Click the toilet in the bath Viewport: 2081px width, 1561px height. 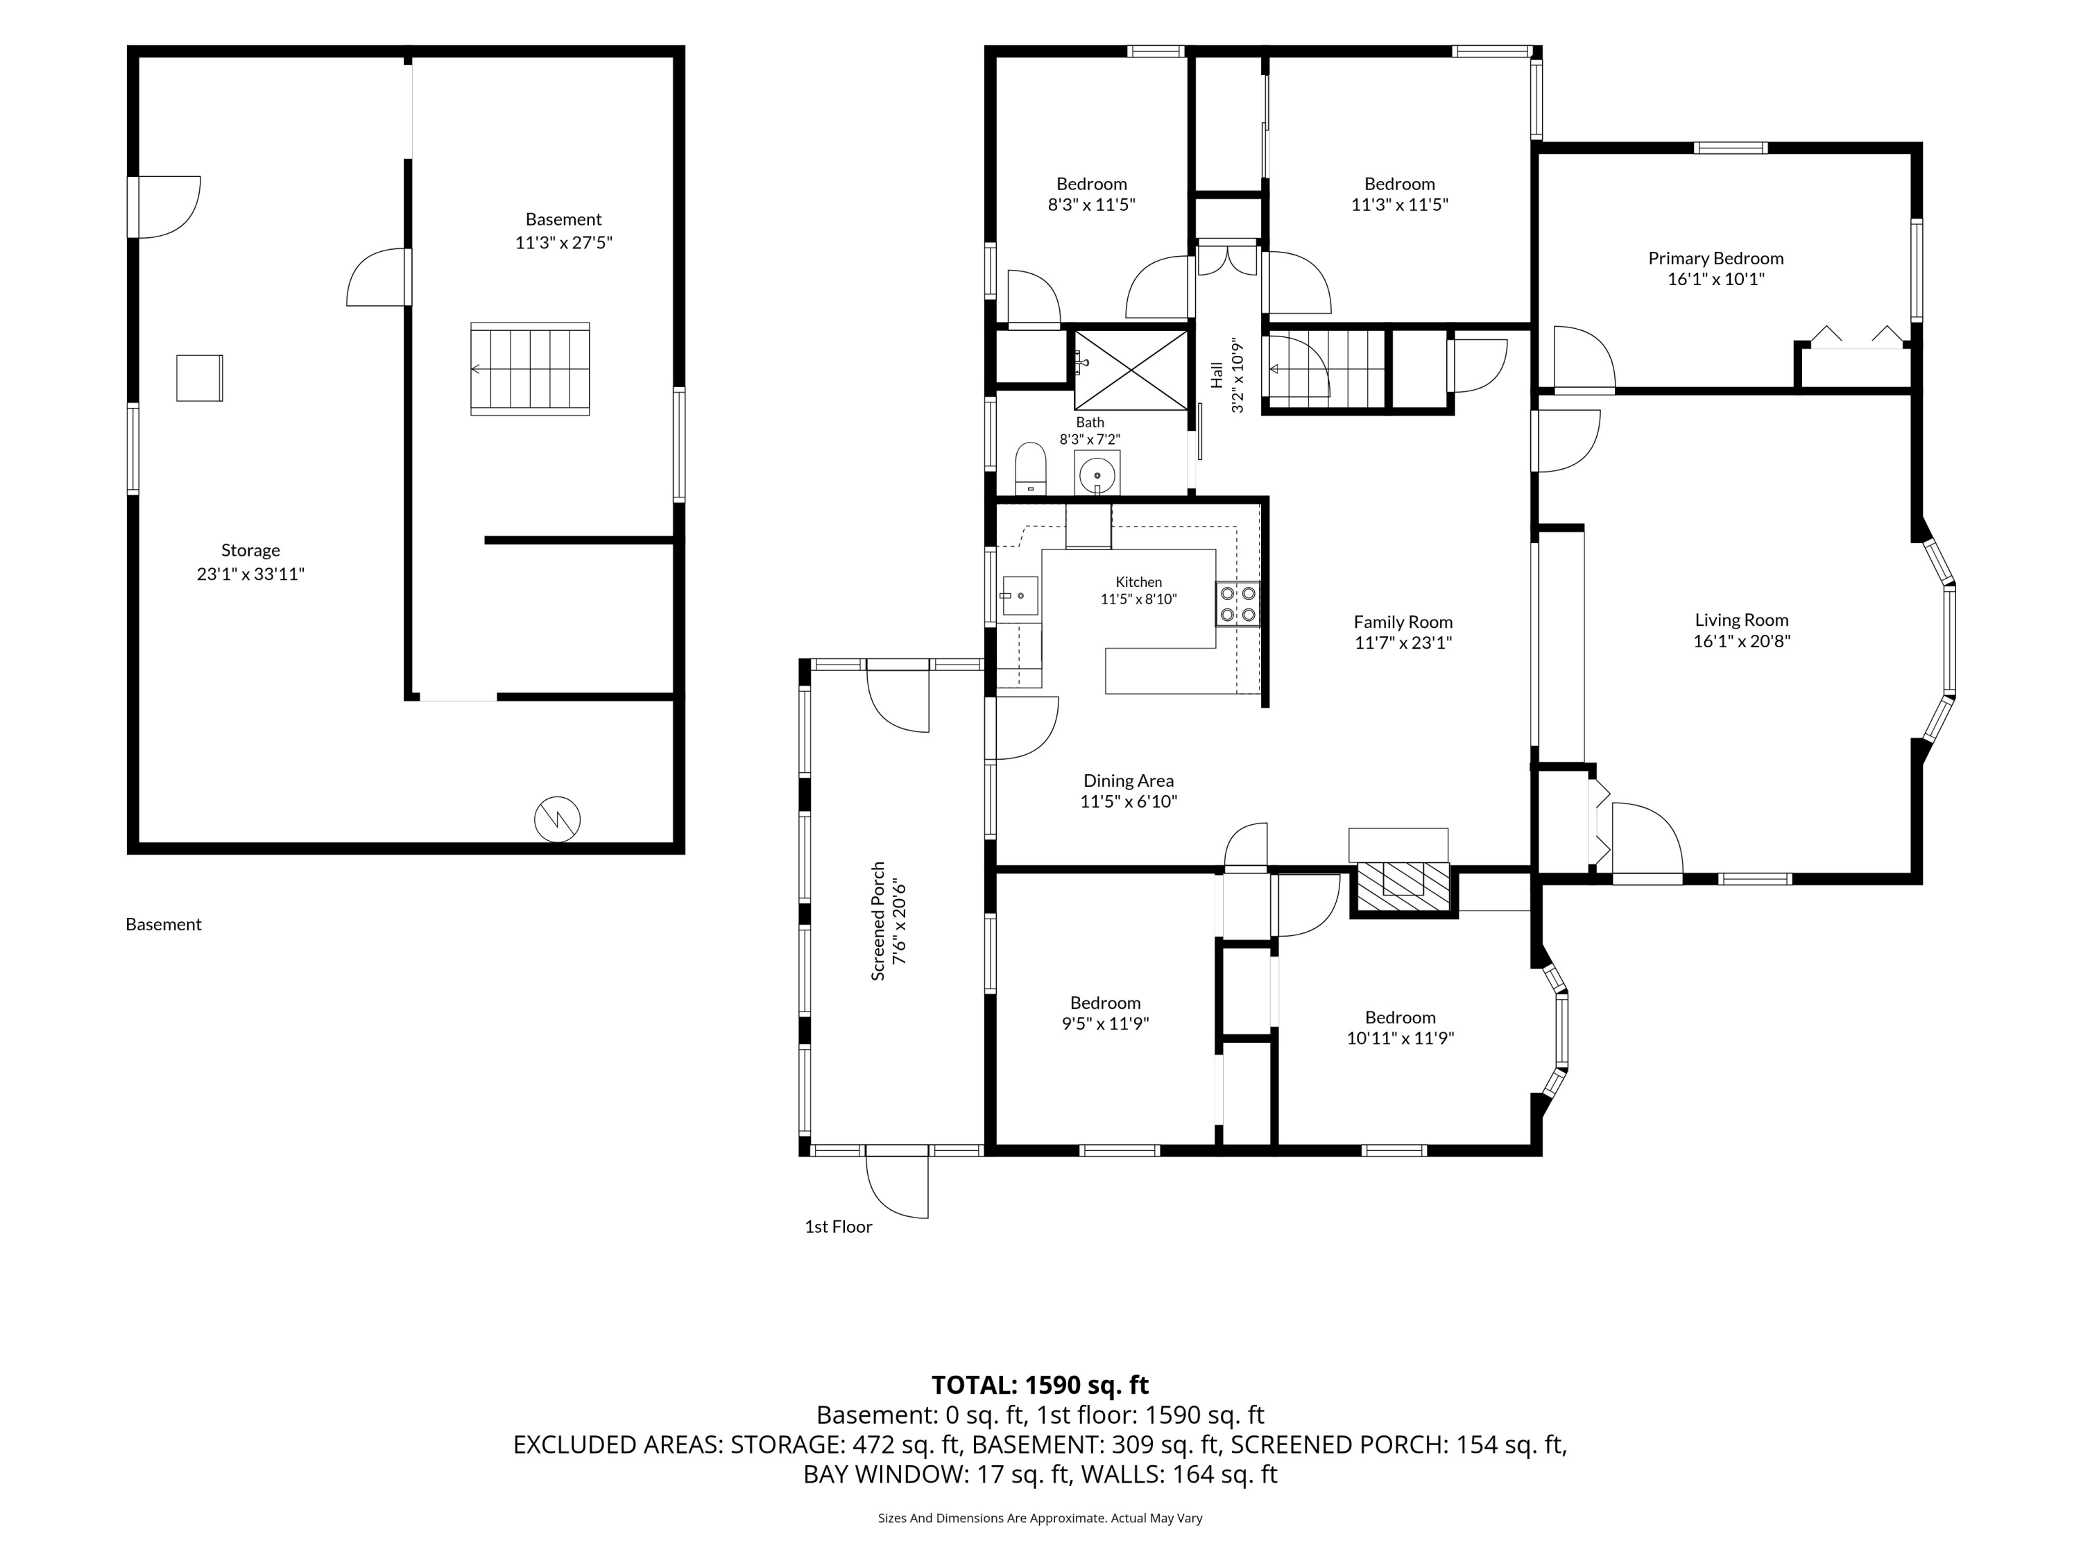tap(1031, 468)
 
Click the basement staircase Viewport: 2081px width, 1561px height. tap(531, 369)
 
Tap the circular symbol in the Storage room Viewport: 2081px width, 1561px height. tap(557, 819)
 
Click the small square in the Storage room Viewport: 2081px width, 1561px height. tap(200, 378)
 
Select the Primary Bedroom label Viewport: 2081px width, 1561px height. tap(1715, 258)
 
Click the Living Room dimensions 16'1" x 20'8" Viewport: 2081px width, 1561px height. tap(1741, 641)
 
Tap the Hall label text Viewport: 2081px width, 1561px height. tap(1217, 375)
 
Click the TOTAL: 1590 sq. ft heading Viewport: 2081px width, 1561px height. tap(1040, 1384)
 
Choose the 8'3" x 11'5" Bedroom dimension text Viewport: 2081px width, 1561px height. tap(1091, 204)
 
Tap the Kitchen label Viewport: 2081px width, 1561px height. tap(1138, 581)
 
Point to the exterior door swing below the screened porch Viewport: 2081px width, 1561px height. tap(898, 1186)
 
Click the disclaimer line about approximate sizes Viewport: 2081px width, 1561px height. tap(1040, 1518)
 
